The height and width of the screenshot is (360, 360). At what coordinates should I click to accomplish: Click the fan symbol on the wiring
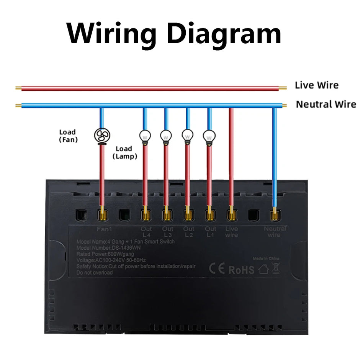pyautogui.click(x=102, y=135)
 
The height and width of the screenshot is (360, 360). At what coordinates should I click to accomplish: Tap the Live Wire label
pyautogui.click(x=316, y=85)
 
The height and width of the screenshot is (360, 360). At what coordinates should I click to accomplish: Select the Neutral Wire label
pyautogui.click(x=326, y=104)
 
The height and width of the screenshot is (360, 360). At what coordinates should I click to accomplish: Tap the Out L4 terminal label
pyautogui.click(x=146, y=232)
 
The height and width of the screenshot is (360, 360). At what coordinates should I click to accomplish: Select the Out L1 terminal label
pyautogui.click(x=210, y=232)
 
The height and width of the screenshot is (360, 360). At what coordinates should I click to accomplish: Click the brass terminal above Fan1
pyautogui.click(x=102, y=214)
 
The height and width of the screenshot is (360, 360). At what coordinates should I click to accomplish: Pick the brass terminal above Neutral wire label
pyautogui.click(x=274, y=214)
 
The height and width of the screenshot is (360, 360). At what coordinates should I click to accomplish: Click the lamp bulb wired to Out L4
pyautogui.click(x=145, y=136)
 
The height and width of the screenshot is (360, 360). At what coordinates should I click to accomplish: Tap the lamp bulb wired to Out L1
pyautogui.click(x=209, y=136)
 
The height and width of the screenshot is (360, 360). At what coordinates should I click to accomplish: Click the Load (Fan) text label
pyautogui.click(x=68, y=136)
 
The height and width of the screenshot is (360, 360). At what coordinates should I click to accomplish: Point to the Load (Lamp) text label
pyautogui.click(x=124, y=152)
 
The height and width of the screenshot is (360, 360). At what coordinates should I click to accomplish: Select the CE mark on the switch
pyautogui.click(x=217, y=269)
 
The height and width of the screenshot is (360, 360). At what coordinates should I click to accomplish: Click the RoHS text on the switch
pyautogui.click(x=241, y=270)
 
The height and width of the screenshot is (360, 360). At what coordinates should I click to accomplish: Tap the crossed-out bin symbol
pyautogui.click(x=275, y=268)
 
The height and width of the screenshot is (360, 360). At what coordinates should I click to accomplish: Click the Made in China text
pyautogui.click(x=266, y=259)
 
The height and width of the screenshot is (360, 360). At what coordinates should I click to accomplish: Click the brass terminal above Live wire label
pyautogui.click(x=231, y=214)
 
